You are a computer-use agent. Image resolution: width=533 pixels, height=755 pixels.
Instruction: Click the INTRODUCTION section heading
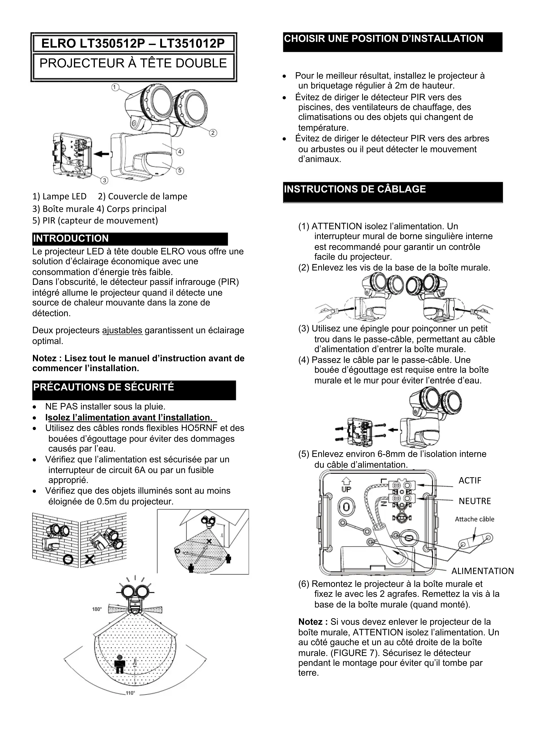(x=71, y=238)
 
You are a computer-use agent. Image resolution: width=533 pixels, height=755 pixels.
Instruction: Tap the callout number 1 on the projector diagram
(x=115, y=87)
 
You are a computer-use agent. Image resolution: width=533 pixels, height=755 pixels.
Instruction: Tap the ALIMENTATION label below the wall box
(x=482, y=571)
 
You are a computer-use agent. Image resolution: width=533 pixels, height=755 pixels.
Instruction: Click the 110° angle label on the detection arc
(x=130, y=693)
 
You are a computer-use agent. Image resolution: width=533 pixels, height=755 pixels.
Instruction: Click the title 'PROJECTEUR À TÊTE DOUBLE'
(x=133, y=63)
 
